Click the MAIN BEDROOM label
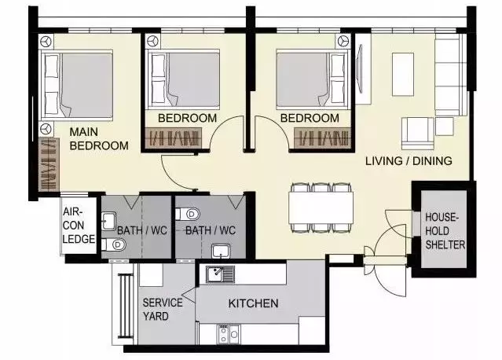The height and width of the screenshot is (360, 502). [99, 138]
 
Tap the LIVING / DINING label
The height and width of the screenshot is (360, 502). [409, 161]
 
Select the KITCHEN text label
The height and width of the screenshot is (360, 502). [253, 303]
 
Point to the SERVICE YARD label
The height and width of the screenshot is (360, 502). [163, 310]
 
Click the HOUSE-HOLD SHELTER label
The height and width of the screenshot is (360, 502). [445, 231]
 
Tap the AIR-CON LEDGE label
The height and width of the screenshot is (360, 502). [79, 226]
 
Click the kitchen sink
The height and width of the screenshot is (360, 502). [220, 274]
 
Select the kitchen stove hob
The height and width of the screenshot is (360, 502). [229, 334]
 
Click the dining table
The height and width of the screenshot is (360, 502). [321, 208]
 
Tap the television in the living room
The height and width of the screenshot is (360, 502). [360, 69]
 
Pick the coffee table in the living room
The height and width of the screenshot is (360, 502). [403, 75]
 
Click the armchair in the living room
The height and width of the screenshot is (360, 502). [417, 134]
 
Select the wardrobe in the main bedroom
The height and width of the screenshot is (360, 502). [49, 164]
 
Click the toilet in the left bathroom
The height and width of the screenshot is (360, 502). [114, 244]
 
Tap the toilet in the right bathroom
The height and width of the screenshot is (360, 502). [188, 214]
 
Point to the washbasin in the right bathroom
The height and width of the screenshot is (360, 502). [220, 251]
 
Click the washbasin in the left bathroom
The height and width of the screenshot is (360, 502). [109, 221]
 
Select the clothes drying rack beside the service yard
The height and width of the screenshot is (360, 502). [126, 306]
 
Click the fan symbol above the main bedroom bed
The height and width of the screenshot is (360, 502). [46, 42]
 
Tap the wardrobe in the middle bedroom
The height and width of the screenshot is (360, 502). [174, 138]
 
